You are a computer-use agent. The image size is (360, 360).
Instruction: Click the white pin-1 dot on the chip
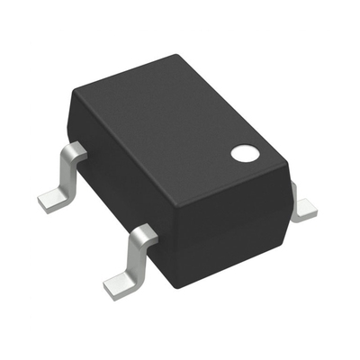[x=243, y=153]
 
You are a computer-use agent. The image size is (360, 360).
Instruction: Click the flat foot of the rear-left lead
[x=52, y=198]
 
